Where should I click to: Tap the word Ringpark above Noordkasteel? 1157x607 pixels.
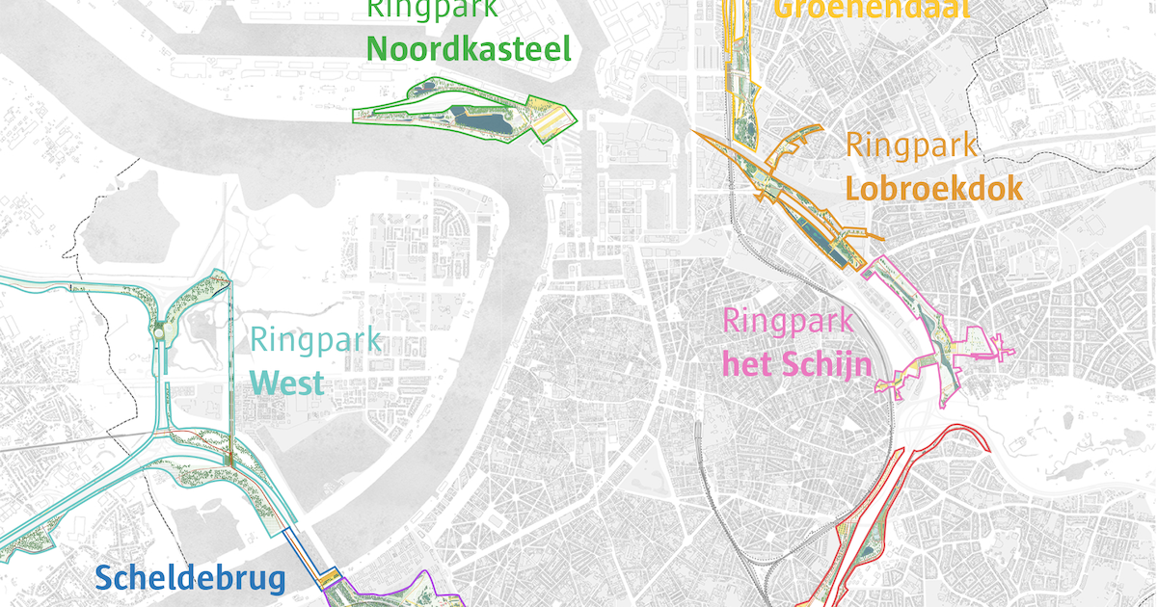[433, 10]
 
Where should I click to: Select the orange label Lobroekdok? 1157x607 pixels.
[933, 188]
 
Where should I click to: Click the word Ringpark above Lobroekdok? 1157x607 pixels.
[911, 145]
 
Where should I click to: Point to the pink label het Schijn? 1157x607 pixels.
[797, 364]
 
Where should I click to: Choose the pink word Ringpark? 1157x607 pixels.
[788, 320]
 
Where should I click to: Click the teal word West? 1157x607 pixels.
[285, 383]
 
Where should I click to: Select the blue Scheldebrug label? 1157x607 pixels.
[191, 578]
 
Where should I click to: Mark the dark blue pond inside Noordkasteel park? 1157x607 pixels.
[485, 120]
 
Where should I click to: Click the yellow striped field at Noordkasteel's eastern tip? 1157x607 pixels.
[553, 120]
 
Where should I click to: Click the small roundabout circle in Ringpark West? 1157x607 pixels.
[158, 332]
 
